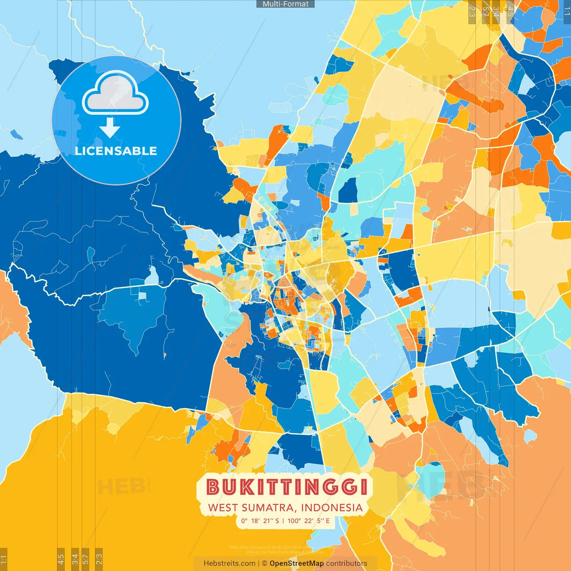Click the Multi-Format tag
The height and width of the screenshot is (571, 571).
(285, 4)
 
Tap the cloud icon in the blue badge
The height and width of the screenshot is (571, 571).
(116, 94)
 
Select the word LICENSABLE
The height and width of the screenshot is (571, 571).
(116, 151)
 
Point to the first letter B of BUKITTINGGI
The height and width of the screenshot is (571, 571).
(213, 487)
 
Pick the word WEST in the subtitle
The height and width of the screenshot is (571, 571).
(223, 508)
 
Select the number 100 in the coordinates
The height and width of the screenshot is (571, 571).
(294, 521)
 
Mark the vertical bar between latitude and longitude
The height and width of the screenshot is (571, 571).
(283, 521)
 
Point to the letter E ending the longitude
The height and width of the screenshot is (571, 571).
(327, 521)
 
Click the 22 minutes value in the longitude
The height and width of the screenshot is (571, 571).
(308, 521)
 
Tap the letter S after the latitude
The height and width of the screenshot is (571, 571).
(277, 521)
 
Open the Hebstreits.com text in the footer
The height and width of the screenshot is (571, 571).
(229, 563)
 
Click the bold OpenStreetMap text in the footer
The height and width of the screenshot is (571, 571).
(296, 563)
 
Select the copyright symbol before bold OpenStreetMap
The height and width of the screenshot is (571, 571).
(265, 563)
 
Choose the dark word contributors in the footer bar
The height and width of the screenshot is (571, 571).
(346, 563)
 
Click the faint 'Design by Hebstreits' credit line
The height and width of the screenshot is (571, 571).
(285, 552)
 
